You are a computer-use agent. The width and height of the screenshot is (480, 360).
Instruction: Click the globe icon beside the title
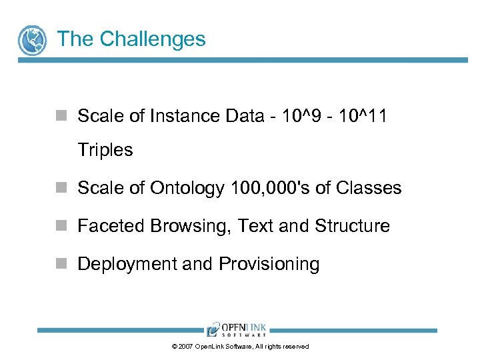click(x=32, y=40)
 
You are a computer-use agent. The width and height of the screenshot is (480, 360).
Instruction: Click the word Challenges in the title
click(x=153, y=39)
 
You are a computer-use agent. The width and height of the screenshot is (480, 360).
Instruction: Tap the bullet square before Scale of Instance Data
click(x=61, y=116)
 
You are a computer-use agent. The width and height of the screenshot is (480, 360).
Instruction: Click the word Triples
click(x=105, y=150)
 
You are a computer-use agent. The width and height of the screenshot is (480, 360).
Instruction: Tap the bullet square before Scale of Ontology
click(x=61, y=188)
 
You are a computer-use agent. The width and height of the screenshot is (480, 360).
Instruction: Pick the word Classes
click(x=369, y=188)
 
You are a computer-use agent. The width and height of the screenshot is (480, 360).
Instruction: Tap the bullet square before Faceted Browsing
click(x=61, y=226)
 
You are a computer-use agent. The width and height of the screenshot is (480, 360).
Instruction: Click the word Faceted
click(x=111, y=226)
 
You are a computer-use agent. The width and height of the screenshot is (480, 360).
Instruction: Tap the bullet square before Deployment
click(x=61, y=264)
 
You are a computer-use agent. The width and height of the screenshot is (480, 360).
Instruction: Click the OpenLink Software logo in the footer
click(x=236, y=329)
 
